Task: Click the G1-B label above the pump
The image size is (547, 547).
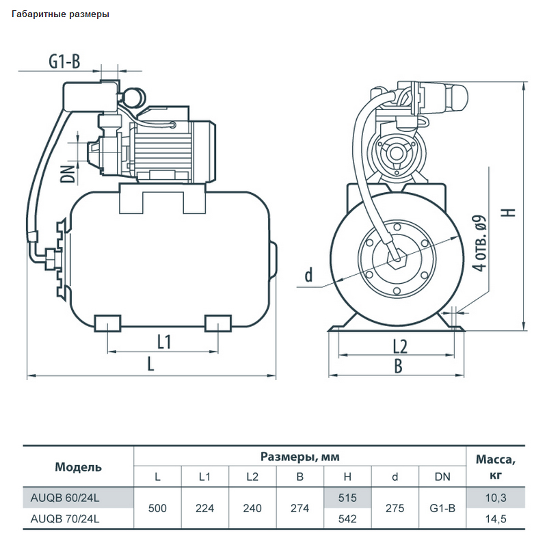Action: tap(64, 62)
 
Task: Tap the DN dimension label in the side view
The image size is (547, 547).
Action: tap(68, 174)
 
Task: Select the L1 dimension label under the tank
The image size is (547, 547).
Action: tap(164, 341)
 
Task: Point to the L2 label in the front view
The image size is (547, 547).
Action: tap(400, 347)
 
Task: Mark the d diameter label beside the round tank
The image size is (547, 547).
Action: tap(309, 275)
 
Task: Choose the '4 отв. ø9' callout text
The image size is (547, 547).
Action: tap(479, 243)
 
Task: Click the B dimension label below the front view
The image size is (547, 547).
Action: tap(398, 366)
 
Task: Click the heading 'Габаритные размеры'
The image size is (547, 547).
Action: tap(60, 14)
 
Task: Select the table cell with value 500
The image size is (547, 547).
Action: tap(157, 508)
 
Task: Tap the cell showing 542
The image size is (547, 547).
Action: tap(347, 519)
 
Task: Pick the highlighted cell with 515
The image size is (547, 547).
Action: tap(347, 498)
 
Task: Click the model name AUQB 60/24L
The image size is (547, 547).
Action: tap(65, 498)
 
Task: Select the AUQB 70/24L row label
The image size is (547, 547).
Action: tap(65, 519)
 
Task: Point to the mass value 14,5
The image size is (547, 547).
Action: tap(496, 519)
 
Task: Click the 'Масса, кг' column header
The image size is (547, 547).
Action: tap(496, 467)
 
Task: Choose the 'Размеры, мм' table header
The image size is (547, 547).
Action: tap(300, 457)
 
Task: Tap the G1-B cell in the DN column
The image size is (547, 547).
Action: tap(442, 508)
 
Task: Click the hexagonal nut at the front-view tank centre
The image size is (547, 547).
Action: tap(397, 258)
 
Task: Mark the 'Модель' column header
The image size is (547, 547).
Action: tap(78, 467)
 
